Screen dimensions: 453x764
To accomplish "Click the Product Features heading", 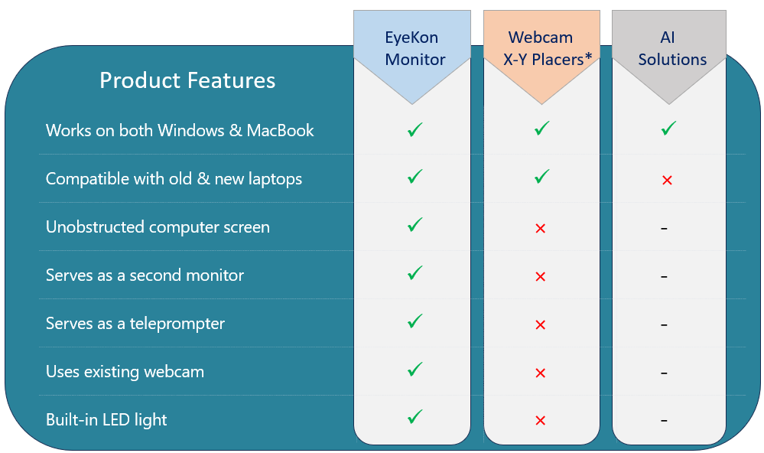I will pos(187,80).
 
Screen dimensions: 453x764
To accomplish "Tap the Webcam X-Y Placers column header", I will pos(542,49).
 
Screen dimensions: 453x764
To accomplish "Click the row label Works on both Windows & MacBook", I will pos(180,131).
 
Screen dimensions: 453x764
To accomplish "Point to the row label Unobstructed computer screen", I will pos(158,227).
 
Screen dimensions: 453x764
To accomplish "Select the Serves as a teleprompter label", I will pos(135,324).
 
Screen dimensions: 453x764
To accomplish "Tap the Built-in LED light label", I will pos(106,420).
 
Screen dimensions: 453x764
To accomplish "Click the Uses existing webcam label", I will pos(125,372).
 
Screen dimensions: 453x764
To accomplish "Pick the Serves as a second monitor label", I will pos(145,275).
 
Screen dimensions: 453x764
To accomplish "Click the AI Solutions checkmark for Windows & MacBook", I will pos(668,129).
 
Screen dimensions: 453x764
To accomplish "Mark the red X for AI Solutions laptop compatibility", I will pos(667,181).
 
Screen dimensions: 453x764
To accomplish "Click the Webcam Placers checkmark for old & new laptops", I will pos(541,178).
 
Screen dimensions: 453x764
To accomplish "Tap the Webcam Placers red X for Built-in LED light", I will pos(540,421).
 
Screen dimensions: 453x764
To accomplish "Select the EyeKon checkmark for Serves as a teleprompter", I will pos(415,321).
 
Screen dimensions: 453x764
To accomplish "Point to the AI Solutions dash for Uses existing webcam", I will pos(664,373).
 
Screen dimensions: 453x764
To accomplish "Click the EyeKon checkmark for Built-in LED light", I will pos(415,418).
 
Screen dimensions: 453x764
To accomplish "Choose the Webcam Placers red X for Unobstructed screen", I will pos(540,229).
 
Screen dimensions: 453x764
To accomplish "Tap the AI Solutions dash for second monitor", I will pos(664,276).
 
